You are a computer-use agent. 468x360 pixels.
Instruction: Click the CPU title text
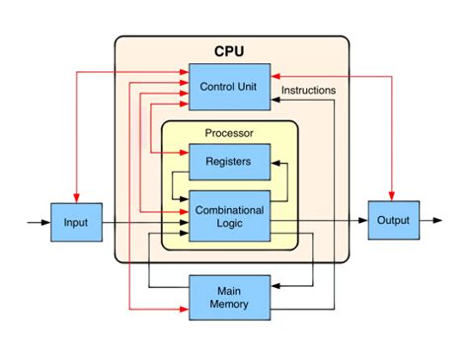point(232,50)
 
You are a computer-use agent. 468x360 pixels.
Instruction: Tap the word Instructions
point(308,90)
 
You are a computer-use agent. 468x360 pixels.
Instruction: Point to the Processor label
point(229,133)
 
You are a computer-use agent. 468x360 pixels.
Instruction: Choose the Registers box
point(229,160)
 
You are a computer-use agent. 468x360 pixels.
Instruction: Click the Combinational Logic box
point(229,217)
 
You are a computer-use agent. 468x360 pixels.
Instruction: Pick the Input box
point(76,223)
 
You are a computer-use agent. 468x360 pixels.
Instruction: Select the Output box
point(393,221)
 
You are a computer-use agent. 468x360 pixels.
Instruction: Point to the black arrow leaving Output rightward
point(432,221)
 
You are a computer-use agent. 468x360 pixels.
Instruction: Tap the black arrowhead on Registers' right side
point(274,160)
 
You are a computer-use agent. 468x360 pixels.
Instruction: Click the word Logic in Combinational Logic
point(229,225)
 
